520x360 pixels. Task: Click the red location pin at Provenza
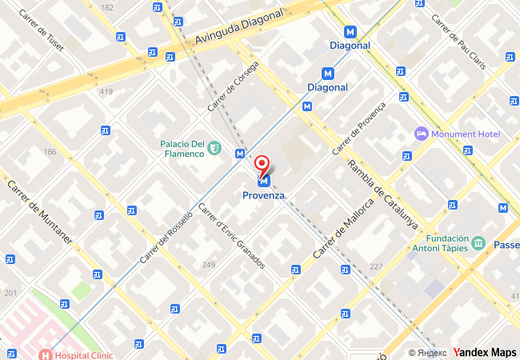[262, 165]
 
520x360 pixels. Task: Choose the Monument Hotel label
[466, 134]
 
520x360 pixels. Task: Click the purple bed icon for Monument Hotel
[421, 133]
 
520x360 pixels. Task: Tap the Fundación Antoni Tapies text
[436, 243]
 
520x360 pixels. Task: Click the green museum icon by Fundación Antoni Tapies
[478, 242]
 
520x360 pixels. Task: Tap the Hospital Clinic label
[83, 354]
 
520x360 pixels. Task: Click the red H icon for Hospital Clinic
[46, 354]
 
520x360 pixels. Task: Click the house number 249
[209, 265]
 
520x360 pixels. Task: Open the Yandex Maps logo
[485, 352]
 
